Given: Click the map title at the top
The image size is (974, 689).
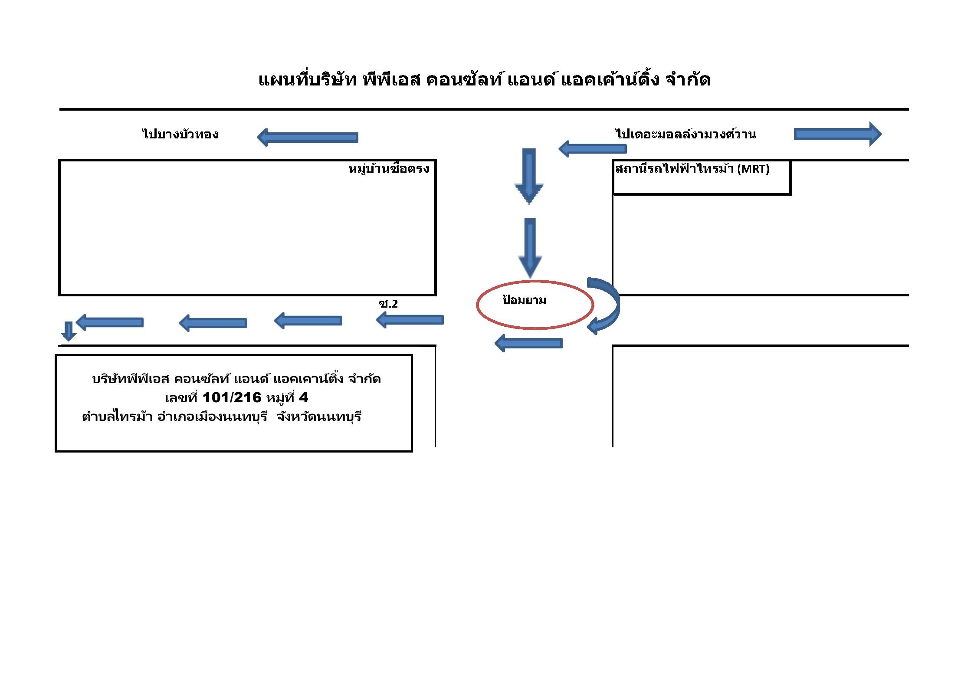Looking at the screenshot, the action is tap(484, 79).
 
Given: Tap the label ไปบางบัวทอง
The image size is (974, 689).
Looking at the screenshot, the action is tap(180, 134).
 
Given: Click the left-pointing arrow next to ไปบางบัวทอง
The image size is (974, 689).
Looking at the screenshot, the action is tap(308, 138).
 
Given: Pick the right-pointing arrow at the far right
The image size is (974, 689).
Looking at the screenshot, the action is tap(838, 134).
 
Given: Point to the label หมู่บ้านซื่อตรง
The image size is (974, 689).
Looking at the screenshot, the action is tap(389, 169).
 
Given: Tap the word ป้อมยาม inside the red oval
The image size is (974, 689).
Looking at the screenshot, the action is tap(524, 300).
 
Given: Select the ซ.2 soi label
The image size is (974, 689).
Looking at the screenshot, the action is tap(388, 304).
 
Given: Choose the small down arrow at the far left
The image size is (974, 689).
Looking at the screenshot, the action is tap(69, 331).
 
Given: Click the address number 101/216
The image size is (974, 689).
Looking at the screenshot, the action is tap(232, 397).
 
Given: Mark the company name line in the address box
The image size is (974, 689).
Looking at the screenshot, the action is tap(236, 379).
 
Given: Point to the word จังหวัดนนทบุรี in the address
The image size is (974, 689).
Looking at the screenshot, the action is tap(319, 417).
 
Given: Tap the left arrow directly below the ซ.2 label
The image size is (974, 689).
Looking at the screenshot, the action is tap(410, 320).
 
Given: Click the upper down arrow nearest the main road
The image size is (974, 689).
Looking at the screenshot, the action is tap(529, 176).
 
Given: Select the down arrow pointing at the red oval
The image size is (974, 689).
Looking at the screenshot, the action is tap(530, 248).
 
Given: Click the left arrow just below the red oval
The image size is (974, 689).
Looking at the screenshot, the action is tap(528, 343).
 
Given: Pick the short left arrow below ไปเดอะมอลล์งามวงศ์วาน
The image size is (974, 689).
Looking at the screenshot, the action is tap(592, 149).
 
